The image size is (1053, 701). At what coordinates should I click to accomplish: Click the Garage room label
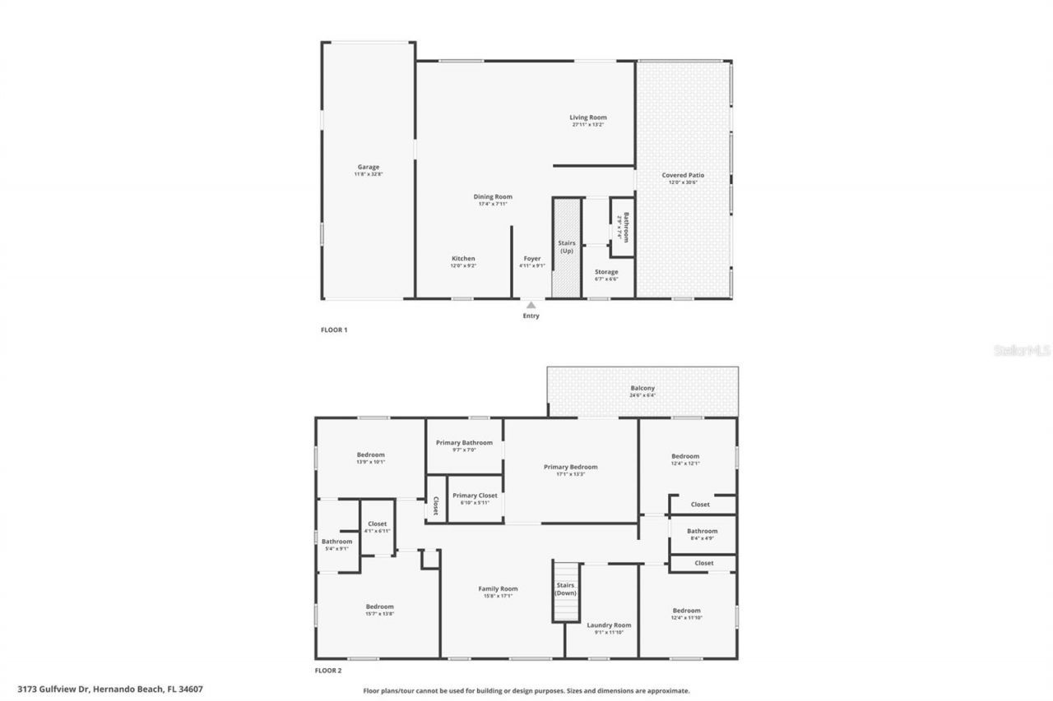click(x=368, y=167)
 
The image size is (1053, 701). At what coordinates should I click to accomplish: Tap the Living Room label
click(x=587, y=118)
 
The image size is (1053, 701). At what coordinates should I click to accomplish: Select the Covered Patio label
click(x=683, y=175)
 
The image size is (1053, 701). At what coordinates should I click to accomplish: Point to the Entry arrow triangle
click(x=531, y=305)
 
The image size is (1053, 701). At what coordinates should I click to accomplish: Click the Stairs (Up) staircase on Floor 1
click(x=566, y=247)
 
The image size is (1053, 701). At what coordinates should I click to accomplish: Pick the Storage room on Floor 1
click(x=606, y=272)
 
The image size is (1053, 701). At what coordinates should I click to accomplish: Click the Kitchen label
click(x=463, y=259)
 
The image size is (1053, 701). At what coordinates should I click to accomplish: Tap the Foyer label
click(x=531, y=259)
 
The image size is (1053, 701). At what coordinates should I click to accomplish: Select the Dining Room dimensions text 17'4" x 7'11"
click(x=493, y=204)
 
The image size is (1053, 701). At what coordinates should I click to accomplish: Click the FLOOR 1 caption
click(x=334, y=330)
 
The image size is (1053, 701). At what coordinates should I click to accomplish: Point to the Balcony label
click(x=642, y=388)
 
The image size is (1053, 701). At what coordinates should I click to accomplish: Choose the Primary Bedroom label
click(x=570, y=467)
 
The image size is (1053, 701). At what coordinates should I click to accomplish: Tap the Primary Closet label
click(x=475, y=496)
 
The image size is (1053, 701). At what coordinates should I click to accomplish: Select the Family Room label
click(x=498, y=588)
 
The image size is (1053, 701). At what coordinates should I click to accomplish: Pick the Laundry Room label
click(x=609, y=625)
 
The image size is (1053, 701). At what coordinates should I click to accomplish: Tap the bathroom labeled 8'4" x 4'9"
click(x=702, y=534)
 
